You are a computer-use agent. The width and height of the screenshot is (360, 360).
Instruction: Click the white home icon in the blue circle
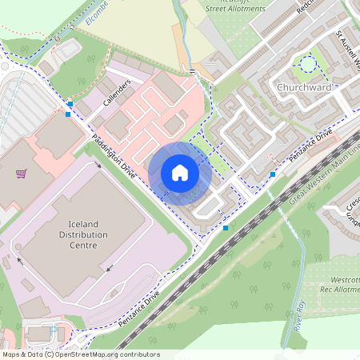click(x=180, y=172)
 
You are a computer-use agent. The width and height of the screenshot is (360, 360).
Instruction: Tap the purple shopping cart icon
click(x=21, y=172)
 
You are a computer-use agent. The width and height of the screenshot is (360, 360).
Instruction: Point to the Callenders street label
click(x=117, y=93)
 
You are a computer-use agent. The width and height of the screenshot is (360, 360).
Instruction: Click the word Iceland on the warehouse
click(x=78, y=223)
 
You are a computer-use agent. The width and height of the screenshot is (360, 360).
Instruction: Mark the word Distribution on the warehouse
click(x=78, y=234)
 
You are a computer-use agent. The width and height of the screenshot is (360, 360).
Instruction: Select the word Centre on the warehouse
click(x=78, y=246)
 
